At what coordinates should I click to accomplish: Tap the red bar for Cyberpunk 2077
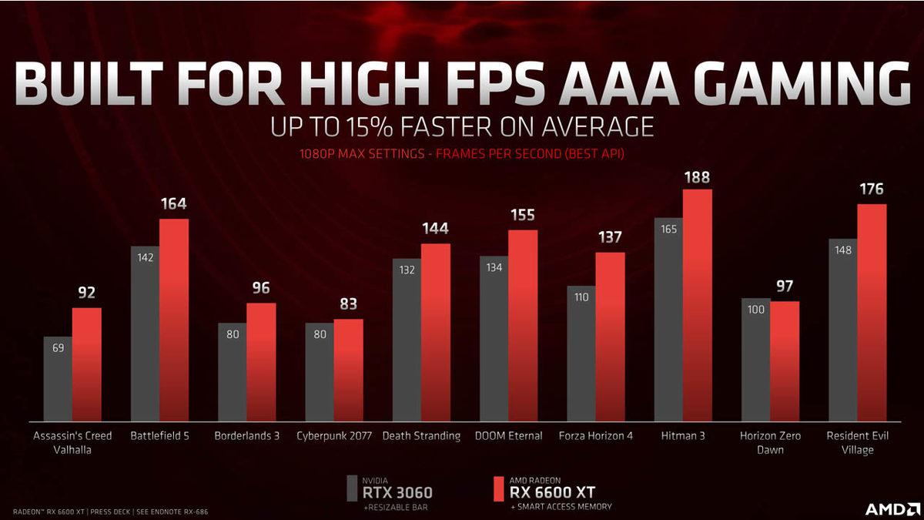click(x=348, y=370)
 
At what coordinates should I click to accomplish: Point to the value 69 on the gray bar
click(x=58, y=349)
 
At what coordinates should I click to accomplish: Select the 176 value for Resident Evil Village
click(x=872, y=190)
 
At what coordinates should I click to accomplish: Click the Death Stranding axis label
click(x=421, y=436)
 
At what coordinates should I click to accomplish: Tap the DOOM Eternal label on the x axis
click(x=508, y=436)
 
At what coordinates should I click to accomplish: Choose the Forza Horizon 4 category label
click(x=595, y=436)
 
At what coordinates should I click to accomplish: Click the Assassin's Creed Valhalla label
click(x=72, y=442)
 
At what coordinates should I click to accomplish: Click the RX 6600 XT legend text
click(x=552, y=493)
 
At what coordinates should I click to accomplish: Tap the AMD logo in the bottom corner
click(x=892, y=509)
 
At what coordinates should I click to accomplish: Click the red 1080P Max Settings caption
click(x=462, y=153)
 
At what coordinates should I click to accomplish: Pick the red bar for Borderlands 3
click(x=261, y=362)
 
